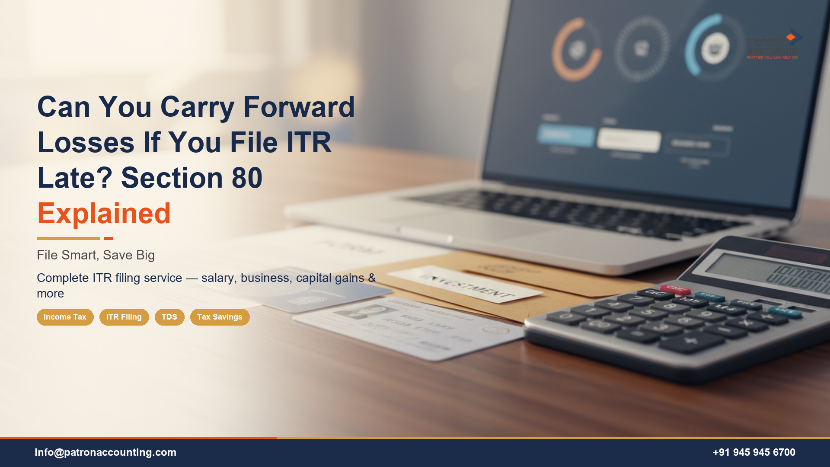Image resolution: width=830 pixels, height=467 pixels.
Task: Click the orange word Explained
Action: pos(104,214)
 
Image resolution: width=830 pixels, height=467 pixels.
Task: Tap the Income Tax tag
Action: pos(65,317)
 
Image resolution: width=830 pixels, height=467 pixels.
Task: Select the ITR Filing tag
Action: pos(124,317)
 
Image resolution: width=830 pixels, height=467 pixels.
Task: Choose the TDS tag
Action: pos(169,317)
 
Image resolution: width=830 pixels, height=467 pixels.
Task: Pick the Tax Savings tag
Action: pos(220,317)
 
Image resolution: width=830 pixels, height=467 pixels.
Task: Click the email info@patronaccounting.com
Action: pos(105,452)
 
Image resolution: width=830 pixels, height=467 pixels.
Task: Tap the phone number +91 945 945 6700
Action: pos(754,452)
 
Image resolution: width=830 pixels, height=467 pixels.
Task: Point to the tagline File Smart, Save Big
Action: pos(96,255)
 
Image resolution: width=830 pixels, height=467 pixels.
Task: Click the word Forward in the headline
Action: pos(299,107)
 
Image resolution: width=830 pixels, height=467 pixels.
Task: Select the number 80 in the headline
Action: pos(247,178)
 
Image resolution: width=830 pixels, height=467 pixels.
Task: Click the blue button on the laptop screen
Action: pos(566,135)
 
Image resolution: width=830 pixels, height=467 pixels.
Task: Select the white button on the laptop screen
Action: pos(629,140)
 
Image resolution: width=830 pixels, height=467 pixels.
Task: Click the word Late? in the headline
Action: pos(74,178)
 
